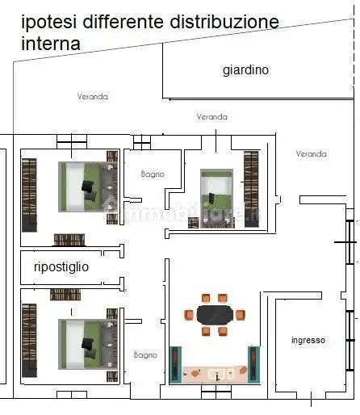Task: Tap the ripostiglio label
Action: tap(61, 266)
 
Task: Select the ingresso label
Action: tap(308, 341)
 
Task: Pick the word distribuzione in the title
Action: tap(226, 22)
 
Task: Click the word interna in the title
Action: tap(50, 44)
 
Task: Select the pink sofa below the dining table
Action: tap(214, 373)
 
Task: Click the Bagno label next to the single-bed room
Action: tap(152, 173)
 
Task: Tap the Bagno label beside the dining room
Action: tap(145, 354)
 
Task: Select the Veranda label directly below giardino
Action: tap(211, 117)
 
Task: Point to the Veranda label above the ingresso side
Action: tap(311, 153)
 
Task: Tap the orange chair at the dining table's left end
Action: tap(189, 313)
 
